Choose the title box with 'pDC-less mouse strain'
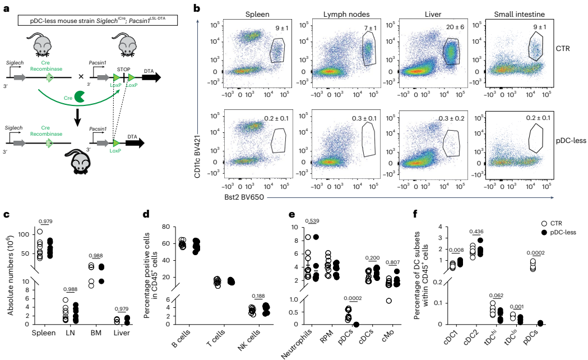[x=96, y=21]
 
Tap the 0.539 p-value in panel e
[x=312, y=220]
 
